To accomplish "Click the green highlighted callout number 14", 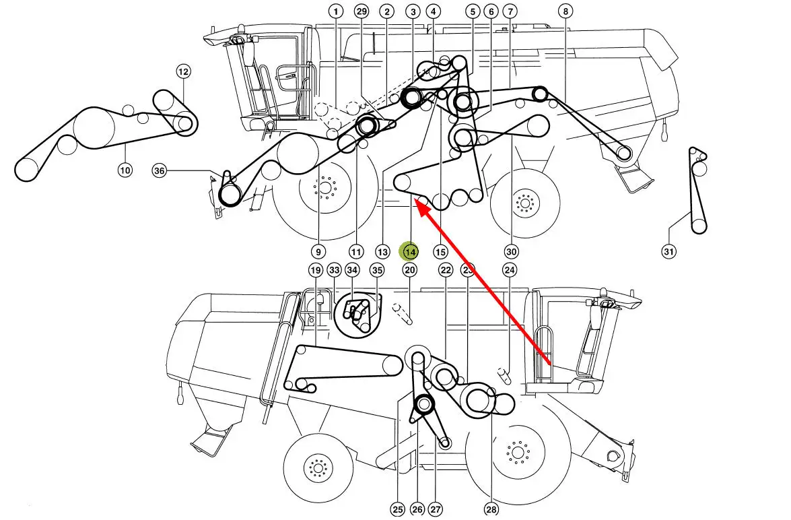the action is click(x=410, y=251).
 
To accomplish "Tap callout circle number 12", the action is click(x=183, y=71).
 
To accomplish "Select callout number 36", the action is click(x=160, y=170).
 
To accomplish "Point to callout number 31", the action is click(x=669, y=251).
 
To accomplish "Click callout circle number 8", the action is click(x=565, y=11).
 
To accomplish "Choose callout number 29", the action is click(x=362, y=11).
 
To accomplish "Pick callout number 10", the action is click(x=125, y=170).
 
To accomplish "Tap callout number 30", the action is click(x=512, y=251).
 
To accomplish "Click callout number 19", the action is click(x=316, y=270).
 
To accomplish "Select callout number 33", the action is click(x=335, y=270).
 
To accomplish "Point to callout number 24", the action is click(x=510, y=270).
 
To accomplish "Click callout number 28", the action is click(x=491, y=509).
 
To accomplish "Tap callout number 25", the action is click(x=398, y=509).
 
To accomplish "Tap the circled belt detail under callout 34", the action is click(x=357, y=315).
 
